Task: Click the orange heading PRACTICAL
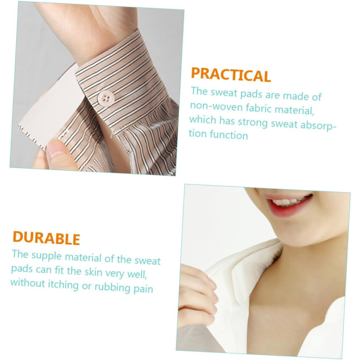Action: [231, 75]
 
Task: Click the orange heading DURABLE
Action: [46, 238]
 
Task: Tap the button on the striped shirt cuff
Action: [105, 98]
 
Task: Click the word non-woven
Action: [216, 107]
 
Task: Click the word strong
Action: [252, 123]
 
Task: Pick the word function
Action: [229, 135]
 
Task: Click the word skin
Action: [93, 272]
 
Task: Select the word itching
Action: [63, 285]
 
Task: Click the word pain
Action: [143, 289]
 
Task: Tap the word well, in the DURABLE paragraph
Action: [137, 274]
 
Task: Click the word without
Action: [28, 283]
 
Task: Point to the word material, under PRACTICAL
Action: [294, 110]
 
